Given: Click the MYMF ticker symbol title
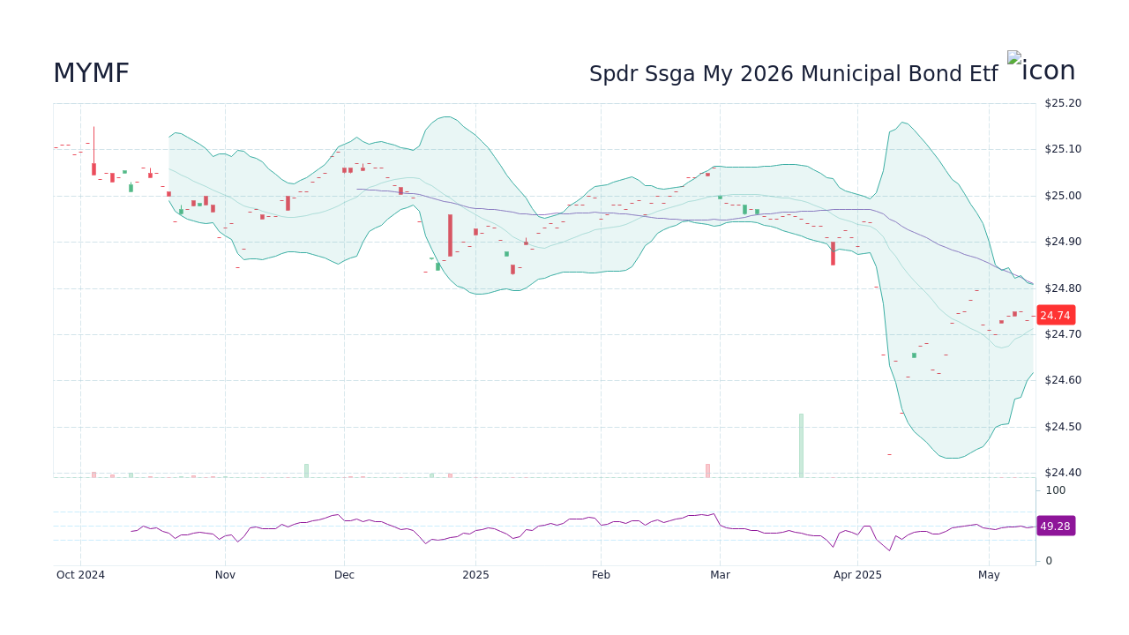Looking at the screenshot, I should coord(91,74).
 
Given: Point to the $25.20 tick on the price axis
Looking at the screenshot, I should coord(1062,103).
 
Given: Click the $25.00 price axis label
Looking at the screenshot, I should coord(1062,196).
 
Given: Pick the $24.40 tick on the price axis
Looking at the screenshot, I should coord(1062,473).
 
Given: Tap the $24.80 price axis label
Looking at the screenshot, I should coord(1062,288).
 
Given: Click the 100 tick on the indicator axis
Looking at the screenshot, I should coord(1055,490).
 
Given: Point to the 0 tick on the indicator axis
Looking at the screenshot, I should coord(1049,561).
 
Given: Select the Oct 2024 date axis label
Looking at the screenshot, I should coord(80,575).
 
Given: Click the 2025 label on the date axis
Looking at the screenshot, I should coord(475,575).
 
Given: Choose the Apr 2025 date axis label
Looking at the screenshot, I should coord(857,575).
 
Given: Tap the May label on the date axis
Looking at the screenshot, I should coord(989,575).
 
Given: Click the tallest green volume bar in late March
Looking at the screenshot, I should coord(801,445).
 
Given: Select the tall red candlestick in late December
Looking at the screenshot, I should coord(450,235).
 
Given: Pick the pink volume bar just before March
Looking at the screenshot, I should coord(707,470).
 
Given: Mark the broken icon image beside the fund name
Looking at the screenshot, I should coord(1014,58).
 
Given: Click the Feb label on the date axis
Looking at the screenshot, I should coord(601,575).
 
